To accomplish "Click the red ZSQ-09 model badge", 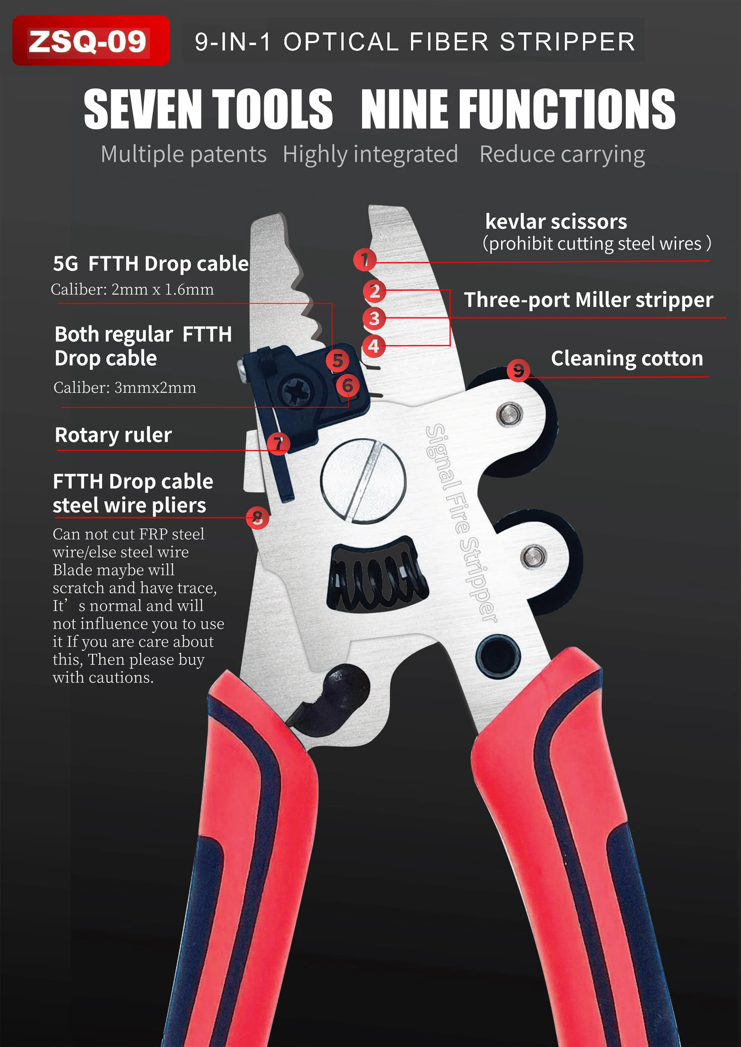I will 90,41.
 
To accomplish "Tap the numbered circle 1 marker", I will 365,260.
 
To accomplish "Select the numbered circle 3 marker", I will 374,318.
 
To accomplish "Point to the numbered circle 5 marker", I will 337,361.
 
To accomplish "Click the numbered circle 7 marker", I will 278,443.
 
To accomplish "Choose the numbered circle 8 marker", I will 257,517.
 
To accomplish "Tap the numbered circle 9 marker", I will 518,370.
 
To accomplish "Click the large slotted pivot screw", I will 363,481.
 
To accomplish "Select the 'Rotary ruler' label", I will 113,435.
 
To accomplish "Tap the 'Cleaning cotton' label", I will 627,359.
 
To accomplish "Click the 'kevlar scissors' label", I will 556,222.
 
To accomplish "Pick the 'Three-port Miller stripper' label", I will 588,300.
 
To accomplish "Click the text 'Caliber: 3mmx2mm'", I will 124,388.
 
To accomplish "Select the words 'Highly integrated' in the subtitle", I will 370,154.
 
